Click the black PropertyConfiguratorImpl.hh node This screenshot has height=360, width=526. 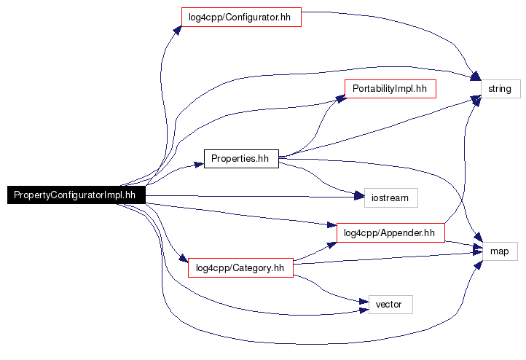pyautogui.click(x=76, y=195)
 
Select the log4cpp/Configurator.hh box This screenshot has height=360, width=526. pyautogui.click(x=241, y=17)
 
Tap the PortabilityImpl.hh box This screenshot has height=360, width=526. pyautogui.click(x=390, y=89)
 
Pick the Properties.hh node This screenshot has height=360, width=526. pyautogui.click(x=241, y=159)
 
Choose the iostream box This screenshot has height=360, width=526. pyautogui.click(x=391, y=198)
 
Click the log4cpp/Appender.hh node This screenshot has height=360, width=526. pyautogui.click(x=390, y=233)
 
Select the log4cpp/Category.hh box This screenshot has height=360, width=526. pyautogui.click(x=240, y=267)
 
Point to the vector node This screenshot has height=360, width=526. pyautogui.click(x=390, y=305)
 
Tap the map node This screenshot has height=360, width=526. pyautogui.click(x=500, y=251)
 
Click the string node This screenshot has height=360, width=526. pyautogui.click(x=501, y=89)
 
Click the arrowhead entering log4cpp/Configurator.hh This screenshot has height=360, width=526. pyautogui.click(x=178, y=31)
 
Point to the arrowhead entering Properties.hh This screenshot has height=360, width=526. pyautogui.click(x=199, y=165)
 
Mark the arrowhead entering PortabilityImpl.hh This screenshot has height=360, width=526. pyautogui.click(x=340, y=98)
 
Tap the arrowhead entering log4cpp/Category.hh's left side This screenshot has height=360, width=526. pyautogui.click(x=184, y=259)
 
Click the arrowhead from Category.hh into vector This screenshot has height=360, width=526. pyautogui.click(x=364, y=301)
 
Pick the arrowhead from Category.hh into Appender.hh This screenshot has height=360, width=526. pyautogui.click(x=332, y=246)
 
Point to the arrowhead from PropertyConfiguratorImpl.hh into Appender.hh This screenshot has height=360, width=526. pyautogui.click(x=331, y=224)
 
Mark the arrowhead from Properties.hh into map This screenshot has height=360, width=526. pyautogui.click(x=479, y=237)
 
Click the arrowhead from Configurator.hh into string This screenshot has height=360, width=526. pyautogui.click(x=476, y=76)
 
